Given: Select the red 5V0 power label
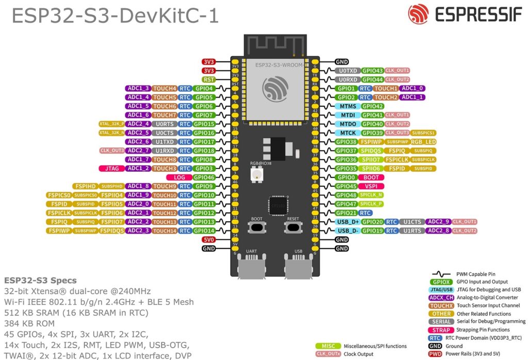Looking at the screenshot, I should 208,239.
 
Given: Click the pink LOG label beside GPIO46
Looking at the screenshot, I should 179,177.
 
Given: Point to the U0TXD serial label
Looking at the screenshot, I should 348,71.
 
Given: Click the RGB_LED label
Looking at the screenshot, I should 423,142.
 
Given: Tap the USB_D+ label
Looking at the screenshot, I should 347,222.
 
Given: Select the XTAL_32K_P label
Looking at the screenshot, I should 111,124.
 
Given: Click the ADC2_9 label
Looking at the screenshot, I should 438,222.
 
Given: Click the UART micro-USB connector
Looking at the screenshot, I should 251,268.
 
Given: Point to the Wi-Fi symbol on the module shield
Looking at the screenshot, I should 273,89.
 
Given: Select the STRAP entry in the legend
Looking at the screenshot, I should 441,330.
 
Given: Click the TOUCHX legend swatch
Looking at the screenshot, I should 441,305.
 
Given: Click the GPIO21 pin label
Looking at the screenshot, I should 345,212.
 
